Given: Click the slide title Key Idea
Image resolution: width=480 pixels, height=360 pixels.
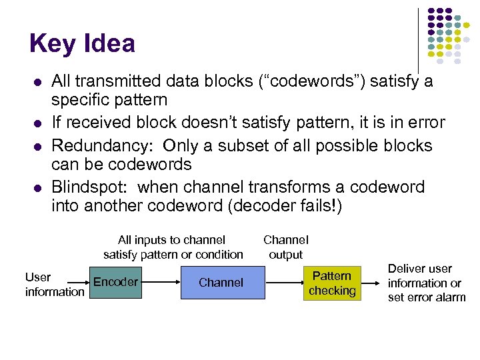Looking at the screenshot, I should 82,44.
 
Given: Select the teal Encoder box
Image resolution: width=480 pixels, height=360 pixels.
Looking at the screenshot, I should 115,282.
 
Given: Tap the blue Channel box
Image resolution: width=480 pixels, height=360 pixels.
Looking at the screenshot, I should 221,283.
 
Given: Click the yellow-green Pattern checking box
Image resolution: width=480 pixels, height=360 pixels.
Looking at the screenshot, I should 332,283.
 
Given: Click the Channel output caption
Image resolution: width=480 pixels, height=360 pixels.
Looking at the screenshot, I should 285,247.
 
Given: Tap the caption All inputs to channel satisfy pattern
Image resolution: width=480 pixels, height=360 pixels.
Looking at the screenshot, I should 173,247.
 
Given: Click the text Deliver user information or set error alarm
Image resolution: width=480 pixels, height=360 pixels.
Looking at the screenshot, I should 427,283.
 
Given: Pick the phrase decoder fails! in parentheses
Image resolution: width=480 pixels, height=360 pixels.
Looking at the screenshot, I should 286,207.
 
